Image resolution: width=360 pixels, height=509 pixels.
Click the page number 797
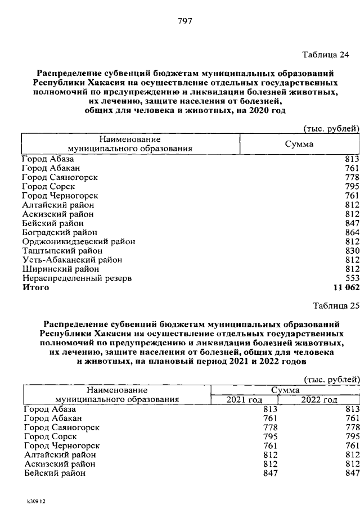tap(185, 21)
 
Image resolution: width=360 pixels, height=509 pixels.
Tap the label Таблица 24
tap(326, 55)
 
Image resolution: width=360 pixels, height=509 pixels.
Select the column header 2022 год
tap(319, 400)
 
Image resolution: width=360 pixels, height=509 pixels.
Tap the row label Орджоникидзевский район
tap(79, 241)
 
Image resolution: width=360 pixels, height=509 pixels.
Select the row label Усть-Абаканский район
tap(72, 260)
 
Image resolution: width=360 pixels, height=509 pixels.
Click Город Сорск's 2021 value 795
tap(271, 437)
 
